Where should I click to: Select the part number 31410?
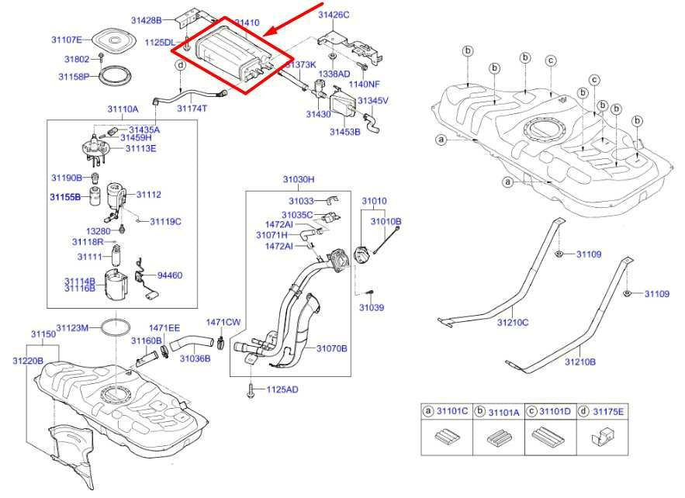[247, 24]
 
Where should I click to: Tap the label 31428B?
[146, 19]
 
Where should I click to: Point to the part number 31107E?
[67, 40]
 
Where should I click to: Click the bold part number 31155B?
[65, 197]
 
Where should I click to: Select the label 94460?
[170, 275]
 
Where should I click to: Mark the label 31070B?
[331, 348]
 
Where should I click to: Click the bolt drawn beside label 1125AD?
[251, 389]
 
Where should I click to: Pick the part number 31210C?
[513, 322]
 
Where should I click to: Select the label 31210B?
[579, 361]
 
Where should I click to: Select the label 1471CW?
[223, 322]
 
